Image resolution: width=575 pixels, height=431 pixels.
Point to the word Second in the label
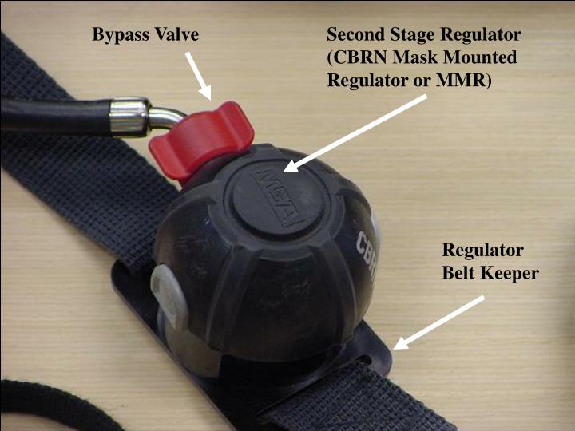[x=355, y=34]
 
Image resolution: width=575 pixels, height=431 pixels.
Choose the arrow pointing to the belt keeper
[x=440, y=322]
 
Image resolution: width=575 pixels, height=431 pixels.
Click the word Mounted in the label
[x=484, y=57]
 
